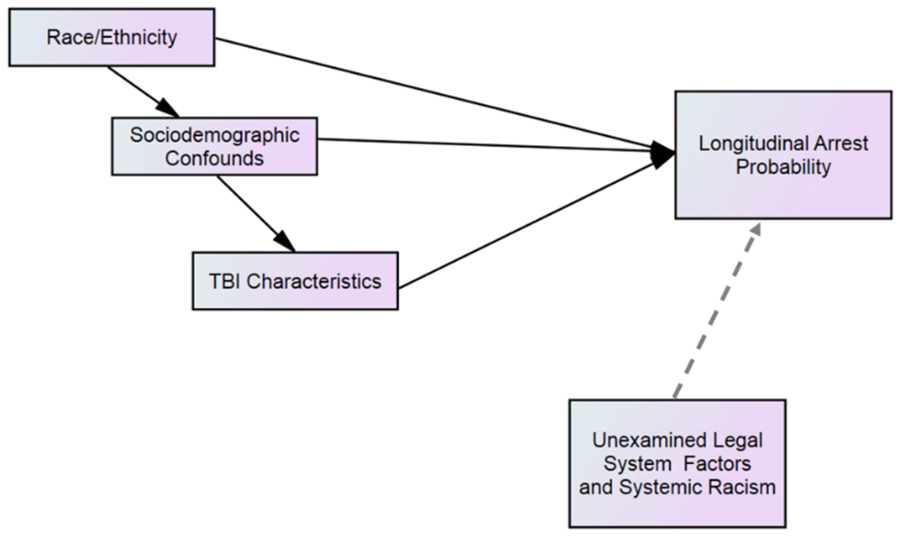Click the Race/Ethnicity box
112,38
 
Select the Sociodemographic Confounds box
214,146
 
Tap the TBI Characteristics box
295,281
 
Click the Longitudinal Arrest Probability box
783,155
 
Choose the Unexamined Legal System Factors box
677,463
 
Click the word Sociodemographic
214,135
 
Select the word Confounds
214,158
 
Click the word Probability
783,167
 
